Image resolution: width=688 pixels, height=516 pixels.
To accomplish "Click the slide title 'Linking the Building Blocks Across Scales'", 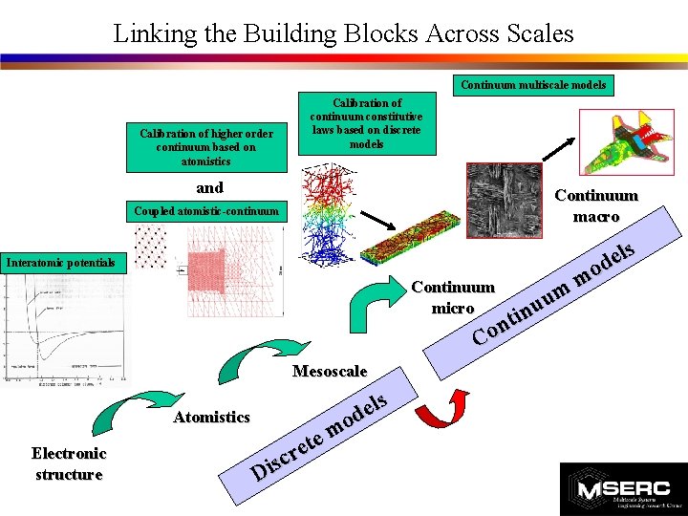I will pos(343,33).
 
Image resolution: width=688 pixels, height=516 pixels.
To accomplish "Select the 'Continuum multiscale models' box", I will pos(532,85).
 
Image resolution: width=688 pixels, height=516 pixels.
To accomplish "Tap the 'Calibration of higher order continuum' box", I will pos(205,147).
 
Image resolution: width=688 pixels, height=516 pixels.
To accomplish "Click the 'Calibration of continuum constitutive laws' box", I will pos(367,123).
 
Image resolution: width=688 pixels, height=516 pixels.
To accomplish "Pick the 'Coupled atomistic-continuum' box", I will pos(206,211).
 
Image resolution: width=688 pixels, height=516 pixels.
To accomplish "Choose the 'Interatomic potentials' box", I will pos(60,262).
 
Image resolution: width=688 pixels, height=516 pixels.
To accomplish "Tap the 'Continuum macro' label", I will pos(596,206).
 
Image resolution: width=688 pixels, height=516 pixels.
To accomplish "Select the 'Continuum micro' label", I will pos(452,297).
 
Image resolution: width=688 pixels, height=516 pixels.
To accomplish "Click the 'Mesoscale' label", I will pos(330,371).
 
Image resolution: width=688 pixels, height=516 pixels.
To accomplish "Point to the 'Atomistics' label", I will pos(211,417).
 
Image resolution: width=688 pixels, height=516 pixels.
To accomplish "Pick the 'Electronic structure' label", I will pos(68,463).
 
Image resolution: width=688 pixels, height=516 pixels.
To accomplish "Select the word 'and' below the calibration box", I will pos(209,187).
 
